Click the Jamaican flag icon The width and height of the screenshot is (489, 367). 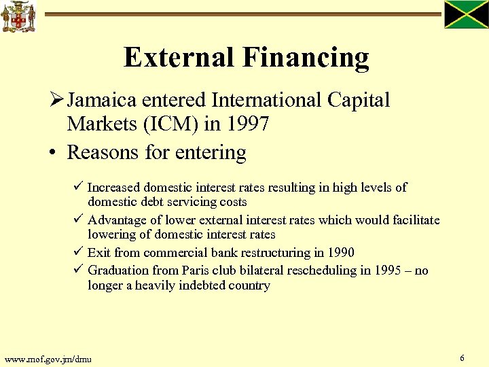point(467,15)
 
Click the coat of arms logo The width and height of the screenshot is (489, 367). point(18,17)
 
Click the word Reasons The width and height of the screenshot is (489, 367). point(103,152)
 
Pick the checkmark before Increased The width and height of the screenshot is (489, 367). point(79,186)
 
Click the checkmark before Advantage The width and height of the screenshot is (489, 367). point(79,220)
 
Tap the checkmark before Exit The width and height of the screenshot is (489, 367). point(79,252)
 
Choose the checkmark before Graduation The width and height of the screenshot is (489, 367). point(79,270)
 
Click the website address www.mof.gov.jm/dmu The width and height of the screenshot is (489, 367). point(48,359)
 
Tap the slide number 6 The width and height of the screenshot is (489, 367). point(462,357)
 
